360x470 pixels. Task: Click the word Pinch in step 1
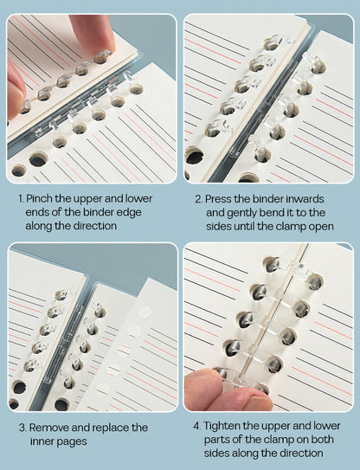38,198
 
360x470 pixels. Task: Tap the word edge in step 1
130,213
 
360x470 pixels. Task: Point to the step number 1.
21,198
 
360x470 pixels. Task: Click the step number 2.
198,199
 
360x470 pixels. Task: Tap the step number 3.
22,428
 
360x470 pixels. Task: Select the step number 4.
196,426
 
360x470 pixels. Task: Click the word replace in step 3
111,428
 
